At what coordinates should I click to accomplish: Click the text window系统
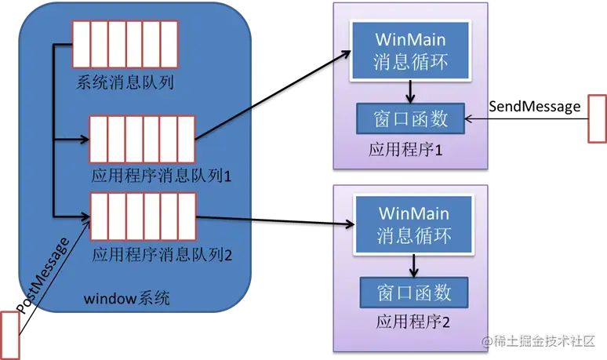tap(125, 299)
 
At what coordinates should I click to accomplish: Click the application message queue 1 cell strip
tap(141, 140)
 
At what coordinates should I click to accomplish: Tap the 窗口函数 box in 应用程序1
tap(412, 118)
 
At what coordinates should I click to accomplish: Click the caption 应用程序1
tap(405, 150)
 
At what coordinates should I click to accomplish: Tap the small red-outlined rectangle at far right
tap(597, 118)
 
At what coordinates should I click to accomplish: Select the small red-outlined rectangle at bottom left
tap(9, 335)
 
